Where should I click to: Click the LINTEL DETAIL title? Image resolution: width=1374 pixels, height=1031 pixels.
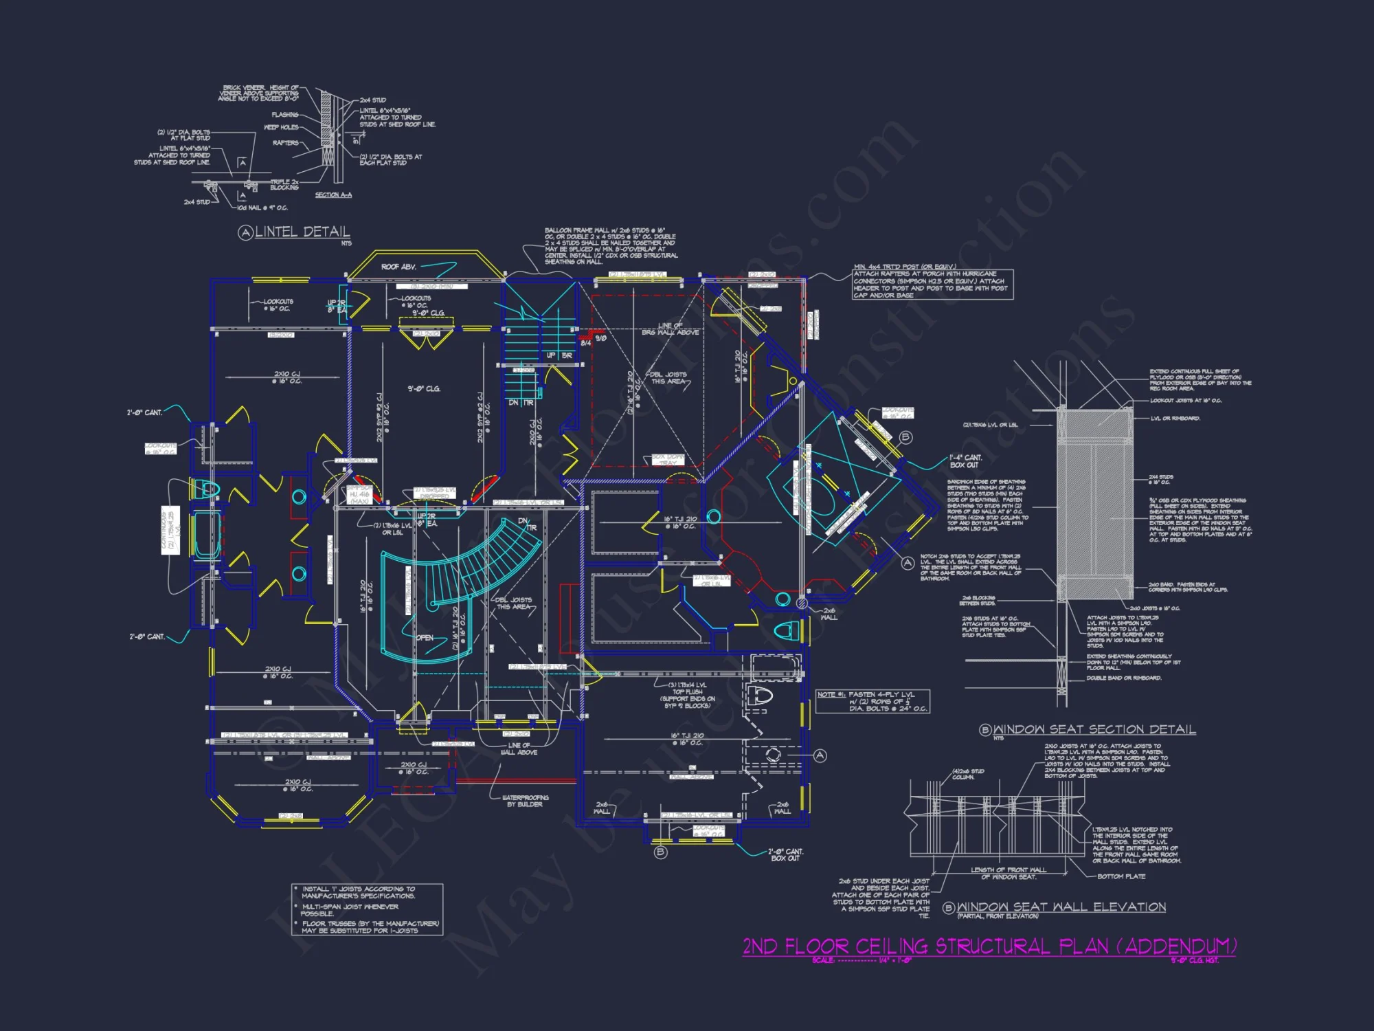302,232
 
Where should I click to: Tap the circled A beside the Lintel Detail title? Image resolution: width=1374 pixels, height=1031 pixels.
245,233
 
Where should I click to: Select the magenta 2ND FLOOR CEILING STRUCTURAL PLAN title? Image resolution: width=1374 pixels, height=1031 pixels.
989,946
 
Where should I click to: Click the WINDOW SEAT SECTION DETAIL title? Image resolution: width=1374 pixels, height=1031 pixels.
1094,729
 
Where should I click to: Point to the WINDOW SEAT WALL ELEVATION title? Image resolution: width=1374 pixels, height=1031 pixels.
1061,907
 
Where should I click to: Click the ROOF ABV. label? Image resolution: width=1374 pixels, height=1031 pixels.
398,267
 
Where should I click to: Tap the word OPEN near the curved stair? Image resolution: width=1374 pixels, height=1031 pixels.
425,638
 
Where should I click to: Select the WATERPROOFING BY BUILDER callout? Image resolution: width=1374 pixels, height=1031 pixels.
526,801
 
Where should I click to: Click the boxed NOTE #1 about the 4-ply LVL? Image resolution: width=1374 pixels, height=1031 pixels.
872,702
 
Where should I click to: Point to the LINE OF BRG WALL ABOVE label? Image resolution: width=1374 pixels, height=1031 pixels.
670,329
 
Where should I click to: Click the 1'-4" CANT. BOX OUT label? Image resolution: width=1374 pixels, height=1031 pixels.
965,461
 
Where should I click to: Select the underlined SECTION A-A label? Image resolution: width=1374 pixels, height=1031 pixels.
333,195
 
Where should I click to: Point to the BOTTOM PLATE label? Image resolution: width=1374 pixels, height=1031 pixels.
1121,876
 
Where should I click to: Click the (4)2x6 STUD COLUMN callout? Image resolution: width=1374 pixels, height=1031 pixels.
968,774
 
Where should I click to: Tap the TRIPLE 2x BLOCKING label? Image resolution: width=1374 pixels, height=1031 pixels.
284,185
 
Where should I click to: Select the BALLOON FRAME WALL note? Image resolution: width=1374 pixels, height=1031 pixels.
611,246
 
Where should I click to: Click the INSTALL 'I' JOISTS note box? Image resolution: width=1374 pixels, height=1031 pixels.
368,909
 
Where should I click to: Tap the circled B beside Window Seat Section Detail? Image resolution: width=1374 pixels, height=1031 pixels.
985,730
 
